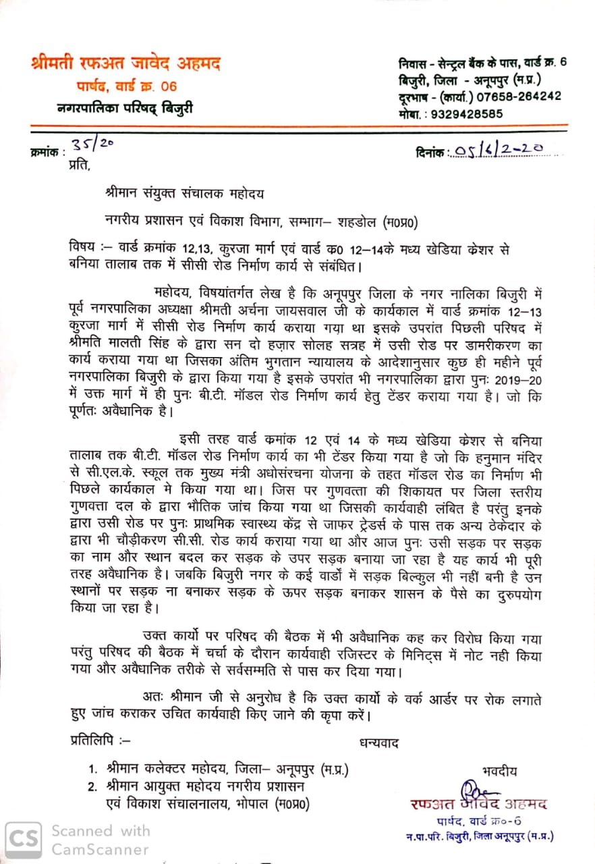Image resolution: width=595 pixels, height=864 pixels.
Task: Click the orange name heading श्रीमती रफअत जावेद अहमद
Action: click(x=126, y=65)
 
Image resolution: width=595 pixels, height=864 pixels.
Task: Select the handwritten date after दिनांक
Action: click(x=499, y=151)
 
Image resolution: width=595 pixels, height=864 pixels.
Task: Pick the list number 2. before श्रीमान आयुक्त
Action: click(x=92, y=786)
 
